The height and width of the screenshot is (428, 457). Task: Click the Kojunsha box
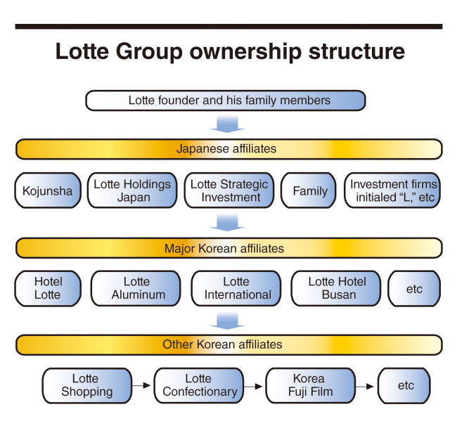click(48, 190)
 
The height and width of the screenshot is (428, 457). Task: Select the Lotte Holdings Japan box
click(132, 190)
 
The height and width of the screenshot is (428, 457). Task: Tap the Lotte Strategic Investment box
click(229, 190)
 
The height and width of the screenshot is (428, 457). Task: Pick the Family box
click(309, 190)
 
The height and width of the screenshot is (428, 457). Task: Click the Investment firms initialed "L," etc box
click(392, 190)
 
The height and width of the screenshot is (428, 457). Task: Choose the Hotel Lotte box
click(48, 288)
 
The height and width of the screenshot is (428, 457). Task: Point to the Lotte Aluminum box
click(136, 288)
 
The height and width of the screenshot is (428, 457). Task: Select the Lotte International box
click(236, 288)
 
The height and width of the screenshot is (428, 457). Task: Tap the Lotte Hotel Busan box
click(336, 288)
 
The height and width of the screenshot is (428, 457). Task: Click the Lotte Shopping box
click(87, 386)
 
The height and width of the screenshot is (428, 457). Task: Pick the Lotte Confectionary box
click(199, 386)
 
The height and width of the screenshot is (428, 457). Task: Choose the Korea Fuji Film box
click(310, 386)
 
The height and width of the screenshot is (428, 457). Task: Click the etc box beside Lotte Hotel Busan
click(414, 288)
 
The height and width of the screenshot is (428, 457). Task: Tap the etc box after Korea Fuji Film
click(404, 386)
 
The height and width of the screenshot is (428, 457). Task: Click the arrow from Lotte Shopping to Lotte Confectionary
click(141, 386)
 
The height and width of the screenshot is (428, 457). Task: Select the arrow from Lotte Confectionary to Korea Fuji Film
click(253, 387)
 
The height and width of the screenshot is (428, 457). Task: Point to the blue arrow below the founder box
click(227, 124)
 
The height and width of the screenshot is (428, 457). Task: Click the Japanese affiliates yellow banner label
click(226, 149)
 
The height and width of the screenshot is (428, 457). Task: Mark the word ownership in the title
click(245, 51)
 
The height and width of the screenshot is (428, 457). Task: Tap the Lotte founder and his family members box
click(226, 100)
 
